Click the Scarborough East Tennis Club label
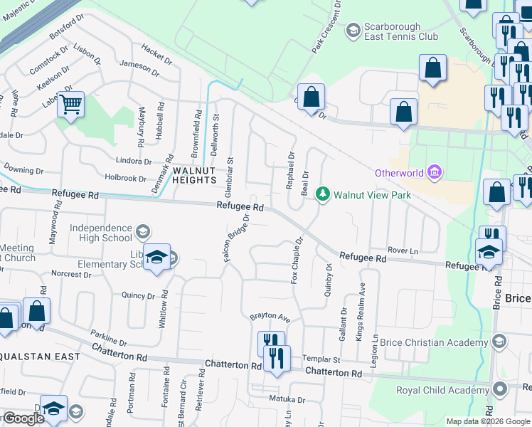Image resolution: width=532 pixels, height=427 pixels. click(401, 31)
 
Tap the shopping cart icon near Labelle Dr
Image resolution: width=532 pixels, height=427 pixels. click(70, 105)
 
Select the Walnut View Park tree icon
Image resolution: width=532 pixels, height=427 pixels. click(323, 194)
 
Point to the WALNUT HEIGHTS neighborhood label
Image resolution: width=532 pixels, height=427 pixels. click(193, 175)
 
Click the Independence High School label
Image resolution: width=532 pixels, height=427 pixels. click(101, 233)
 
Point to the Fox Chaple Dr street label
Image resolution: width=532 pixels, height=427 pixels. click(297, 260)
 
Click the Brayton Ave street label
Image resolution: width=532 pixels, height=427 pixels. click(270, 316)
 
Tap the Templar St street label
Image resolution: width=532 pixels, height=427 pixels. click(321, 360)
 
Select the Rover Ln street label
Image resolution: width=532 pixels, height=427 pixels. click(403, 251)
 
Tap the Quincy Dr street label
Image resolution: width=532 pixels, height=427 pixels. click(138, 295)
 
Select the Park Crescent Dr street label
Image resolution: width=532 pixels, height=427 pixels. click(328, 26)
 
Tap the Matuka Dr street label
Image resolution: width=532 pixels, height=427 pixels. click(287, 399)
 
